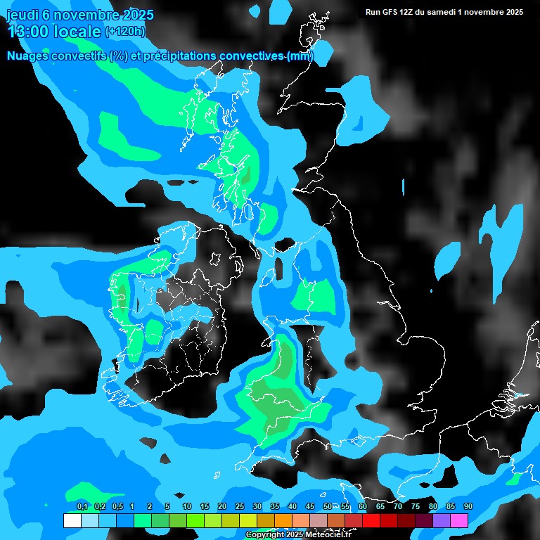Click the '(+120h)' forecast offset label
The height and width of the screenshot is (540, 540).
click(125, 32)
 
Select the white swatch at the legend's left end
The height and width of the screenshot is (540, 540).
click(72, 521)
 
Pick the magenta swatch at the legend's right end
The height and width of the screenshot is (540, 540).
click(459, 521)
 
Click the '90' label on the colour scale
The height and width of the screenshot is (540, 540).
click(468, 507)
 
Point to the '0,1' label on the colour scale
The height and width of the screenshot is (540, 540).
click(82, 507)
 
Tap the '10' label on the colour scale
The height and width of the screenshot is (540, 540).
click(187, 507)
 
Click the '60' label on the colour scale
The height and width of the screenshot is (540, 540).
click(363, 507)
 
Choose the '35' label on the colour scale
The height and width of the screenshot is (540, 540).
click(275, 507)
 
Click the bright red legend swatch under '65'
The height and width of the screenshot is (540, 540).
click(371, 521)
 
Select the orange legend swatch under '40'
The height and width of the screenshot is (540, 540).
click(283, 521)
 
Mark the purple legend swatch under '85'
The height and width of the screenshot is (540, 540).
click(442, 521)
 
